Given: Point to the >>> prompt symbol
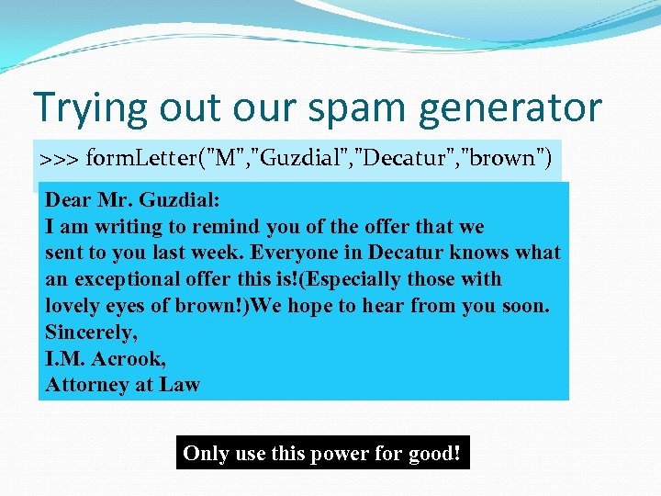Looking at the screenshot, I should coord(59,159).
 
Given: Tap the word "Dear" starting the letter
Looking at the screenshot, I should coord(68,200).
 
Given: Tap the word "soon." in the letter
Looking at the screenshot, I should coord(526,306).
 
